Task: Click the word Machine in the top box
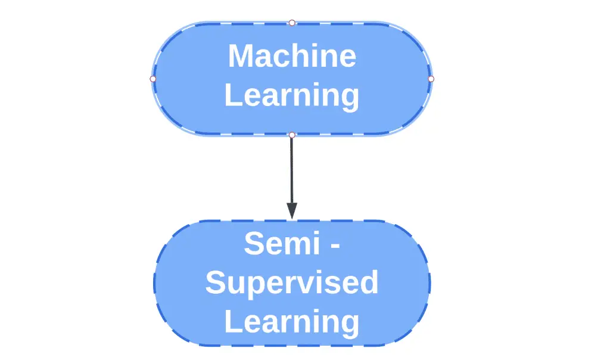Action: click(292, 57)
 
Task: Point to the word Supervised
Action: click(292, 284)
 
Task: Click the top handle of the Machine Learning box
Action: click(292, 23)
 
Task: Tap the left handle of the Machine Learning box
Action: click(153, 79)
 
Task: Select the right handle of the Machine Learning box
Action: click(431, 79)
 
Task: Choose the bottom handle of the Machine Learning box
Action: click(292, 135)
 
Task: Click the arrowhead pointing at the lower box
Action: click(292, 210)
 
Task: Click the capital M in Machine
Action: click(241, 57)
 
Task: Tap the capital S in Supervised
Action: click(216, 283)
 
